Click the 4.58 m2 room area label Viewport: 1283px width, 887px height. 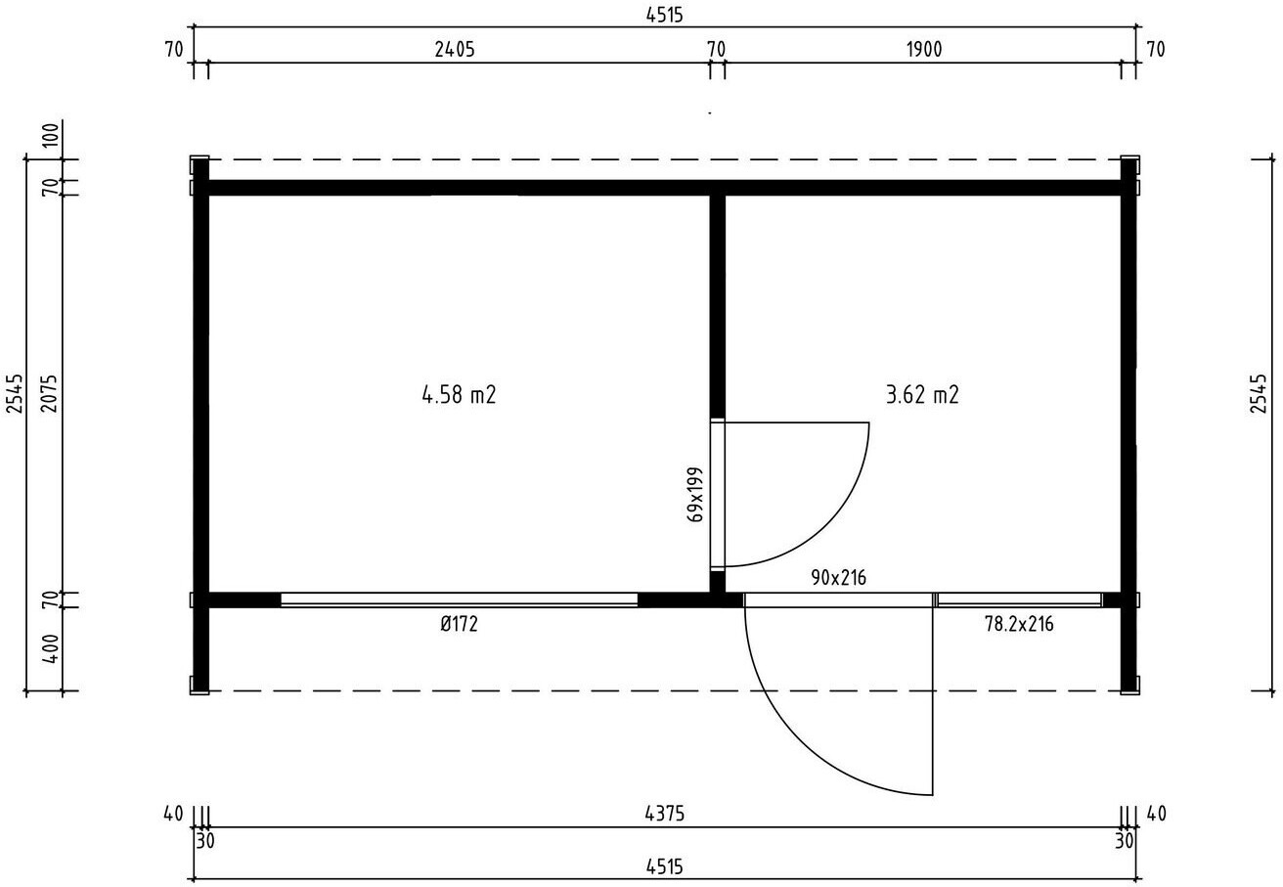[x=459, y=395]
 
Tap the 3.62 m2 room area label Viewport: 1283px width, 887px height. [x=922, y=395]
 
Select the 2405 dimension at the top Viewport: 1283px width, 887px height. [x=455, y=50]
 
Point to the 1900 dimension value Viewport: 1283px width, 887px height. [x=924, y=50]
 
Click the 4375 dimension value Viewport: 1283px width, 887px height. [x=664, y=814]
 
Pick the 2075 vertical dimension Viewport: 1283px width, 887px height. [x=50, y=393]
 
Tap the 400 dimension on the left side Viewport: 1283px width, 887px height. [x=51, y=648]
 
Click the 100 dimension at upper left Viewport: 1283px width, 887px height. [x=51, y=135]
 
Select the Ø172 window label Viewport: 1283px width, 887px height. [x=460, y=624]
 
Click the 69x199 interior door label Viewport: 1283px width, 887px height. [x=694, y=494]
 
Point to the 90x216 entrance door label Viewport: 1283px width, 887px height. [x=838, y=578]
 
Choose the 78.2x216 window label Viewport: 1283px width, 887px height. [x=1019, y=624]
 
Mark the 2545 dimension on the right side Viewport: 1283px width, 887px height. [x=1259, y=393]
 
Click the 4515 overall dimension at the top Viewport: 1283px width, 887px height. [x=664, y=15]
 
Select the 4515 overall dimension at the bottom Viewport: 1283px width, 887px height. [x=664, y=867]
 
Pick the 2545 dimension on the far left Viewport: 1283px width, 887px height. [x=15, y=393]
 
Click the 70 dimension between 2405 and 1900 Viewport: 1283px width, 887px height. [x=717, y=50]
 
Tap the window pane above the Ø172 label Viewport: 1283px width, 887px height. [x=459, y=599]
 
